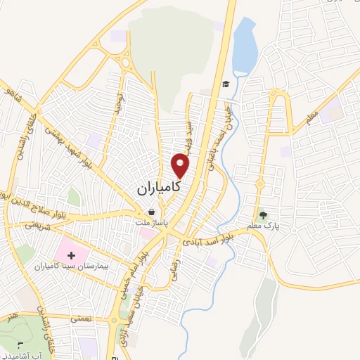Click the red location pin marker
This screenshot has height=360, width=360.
pos(181,165)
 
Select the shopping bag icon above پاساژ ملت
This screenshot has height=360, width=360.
pos(152,212)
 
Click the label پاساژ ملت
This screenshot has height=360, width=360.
pos(153,222)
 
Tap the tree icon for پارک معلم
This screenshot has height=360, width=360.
pos(263,215)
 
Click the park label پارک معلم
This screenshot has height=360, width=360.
pos(263,226)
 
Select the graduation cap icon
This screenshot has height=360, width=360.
pos(226,84)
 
